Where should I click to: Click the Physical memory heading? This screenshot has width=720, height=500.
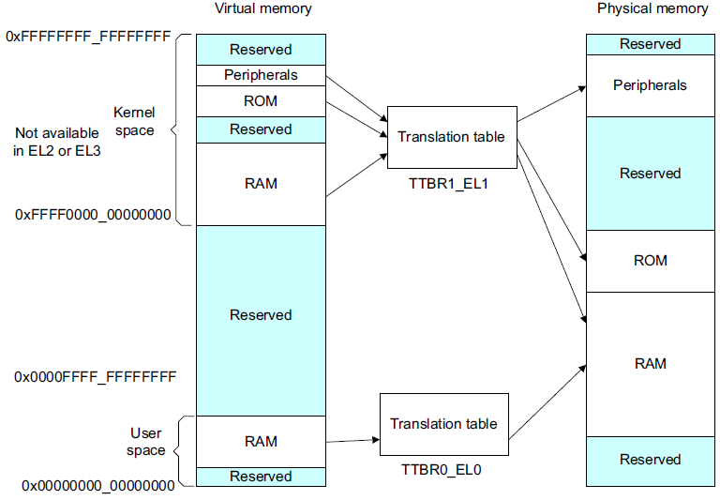pyautogui.click(x=652, y=9)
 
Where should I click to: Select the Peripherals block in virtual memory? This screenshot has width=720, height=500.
pyautogui.click(x=261, y=75)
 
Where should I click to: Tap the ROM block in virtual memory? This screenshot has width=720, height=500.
pyautogui.click(x=261, y=101)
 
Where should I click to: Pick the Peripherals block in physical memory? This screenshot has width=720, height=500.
pyautogui.click(x=650, y=85)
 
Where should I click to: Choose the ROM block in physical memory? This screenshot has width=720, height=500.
pyautogui.click(x=650, y=261)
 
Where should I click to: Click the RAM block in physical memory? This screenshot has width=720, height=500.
pyautogui.click(x=650, y=363)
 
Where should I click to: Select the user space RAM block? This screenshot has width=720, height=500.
pyautogui.click(x=261, y=441)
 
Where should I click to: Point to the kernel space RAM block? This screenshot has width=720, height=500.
pyautogui.click(x=261, y=184)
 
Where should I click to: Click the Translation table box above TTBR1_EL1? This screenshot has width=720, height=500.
pyautogui.click(x=451, y=137)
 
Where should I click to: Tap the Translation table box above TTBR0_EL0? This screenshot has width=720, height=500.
pyautogui.click(x=443, y=424)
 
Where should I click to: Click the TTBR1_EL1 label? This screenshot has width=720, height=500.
pyautogui.click(x=450, y=184)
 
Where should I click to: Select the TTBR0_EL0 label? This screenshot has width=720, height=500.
pyautogui.click(x=442, y=469)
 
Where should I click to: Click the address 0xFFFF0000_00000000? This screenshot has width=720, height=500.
pyautogui.click(x=93, y=215)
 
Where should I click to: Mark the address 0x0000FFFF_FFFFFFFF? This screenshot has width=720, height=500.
pyautogui.click(x=95, y=377)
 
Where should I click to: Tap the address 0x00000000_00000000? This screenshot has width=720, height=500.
pyautogui.click(x=97, y=486)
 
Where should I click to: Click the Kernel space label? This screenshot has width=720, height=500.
pyautogui.click(x=134, y=121)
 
